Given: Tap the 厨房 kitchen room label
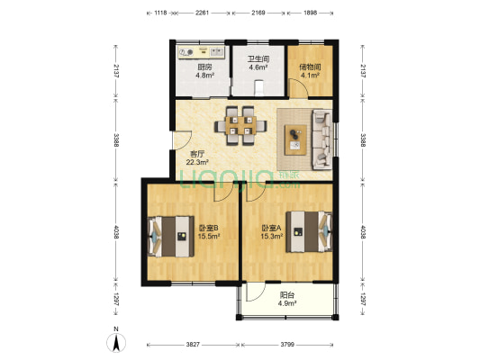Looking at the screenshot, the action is (x=204, y=67).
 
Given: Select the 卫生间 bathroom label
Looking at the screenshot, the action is (x=258, y=59).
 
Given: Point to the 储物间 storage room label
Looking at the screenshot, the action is (x=310, y=67).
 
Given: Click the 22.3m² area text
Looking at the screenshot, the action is (x=197, y=162).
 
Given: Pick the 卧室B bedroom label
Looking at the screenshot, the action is (x=209, y=228).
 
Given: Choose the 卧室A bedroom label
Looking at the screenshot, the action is (x=272, y=228).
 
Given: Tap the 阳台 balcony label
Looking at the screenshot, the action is (x=287, y=295).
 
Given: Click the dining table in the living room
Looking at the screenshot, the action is (x=240, y=125).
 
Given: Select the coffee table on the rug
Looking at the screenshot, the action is (x=295, y=139).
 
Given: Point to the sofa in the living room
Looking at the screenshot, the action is (x=322, y=139).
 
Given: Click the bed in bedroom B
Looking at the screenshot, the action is (x=171, y=237).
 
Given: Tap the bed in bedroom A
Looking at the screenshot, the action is (x=309, y=231).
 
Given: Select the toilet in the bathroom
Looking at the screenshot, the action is (x=259, y=87).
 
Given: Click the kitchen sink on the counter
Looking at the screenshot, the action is (x=217, y=52).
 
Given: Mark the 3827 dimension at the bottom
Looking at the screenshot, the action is (x=193, y=345).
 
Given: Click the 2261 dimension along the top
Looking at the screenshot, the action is (x=202, y=13).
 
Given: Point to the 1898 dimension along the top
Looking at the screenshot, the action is (x=310, y=13).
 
